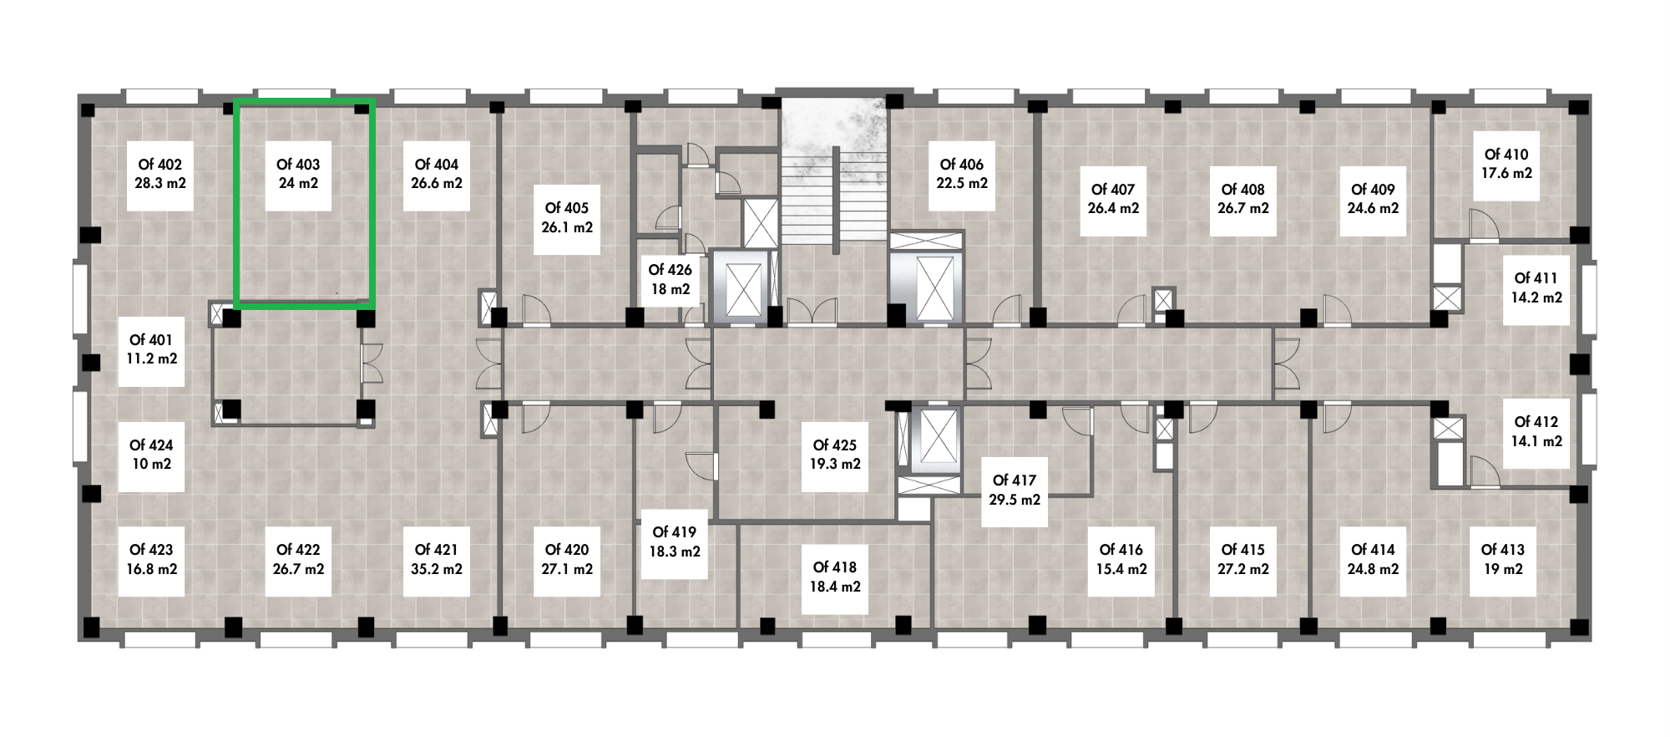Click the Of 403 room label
click(x=298, y=165)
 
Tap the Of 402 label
click(x=159, y=165)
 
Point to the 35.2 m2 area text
click(x=437, y=569)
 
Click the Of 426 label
click(x=670, y=270)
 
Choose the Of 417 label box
click(x=1015, y=490)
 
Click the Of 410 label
click(x=1506, y=155)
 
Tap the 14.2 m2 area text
click(x=1536, y=297)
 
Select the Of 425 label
click(x=835, y=445)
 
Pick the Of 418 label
click(x=835, y=567)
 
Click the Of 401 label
click(x=151, y=340)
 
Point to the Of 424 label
click(x=151, y=445)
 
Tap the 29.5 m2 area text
click(x=1015, y=500)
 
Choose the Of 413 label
click(x=1503, y=550)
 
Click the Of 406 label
click(x=962, y=165)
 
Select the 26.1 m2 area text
click(x=567, y=227)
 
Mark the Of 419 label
click(x=675, y=532)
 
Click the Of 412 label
click(x=1536, y=422)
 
